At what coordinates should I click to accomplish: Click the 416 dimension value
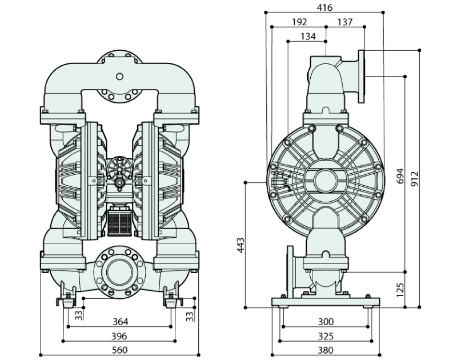point(324,7)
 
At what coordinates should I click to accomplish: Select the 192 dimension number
point(299,22)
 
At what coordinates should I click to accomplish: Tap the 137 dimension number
point(345,22)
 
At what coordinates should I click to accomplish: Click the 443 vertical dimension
point(241,245)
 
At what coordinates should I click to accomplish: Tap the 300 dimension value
point(326,322)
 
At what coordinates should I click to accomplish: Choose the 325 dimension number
point(326,336)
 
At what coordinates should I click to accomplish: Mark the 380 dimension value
point(326,350)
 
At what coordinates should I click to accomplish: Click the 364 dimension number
point(120,322)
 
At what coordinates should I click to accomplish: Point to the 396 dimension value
point(120,336)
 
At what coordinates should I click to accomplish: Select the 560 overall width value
point(120,350)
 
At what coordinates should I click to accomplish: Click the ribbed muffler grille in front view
point(120,222)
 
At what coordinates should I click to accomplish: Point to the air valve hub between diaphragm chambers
point(120,171)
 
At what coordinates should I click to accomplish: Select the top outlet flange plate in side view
point(362,76)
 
